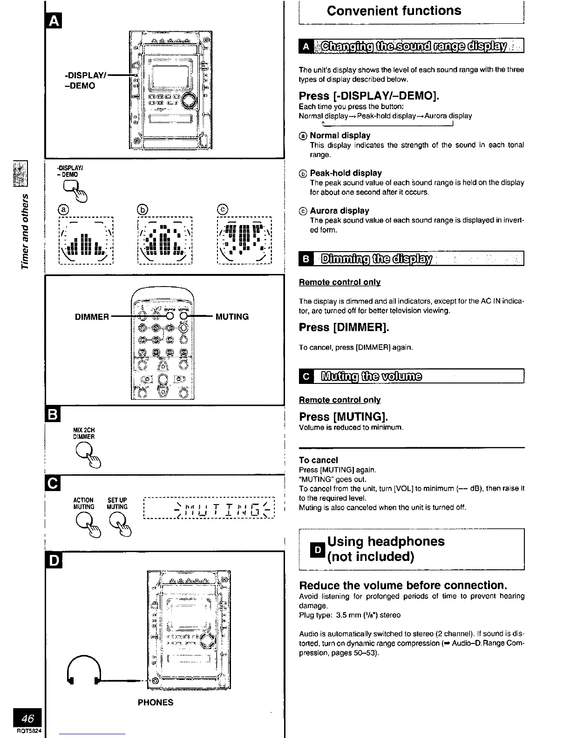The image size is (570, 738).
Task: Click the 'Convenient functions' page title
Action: click(394, 11)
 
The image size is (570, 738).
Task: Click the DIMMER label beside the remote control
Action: click(92, 317)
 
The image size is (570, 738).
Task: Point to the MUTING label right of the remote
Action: click(232, 317)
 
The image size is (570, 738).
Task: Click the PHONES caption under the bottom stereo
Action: click(156, 702)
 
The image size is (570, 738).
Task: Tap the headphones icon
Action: click(85, 668)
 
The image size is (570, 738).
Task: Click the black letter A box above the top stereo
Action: click(52, 22)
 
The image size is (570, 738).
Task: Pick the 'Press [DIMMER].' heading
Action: click(344, 327)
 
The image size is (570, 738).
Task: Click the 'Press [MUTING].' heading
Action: click(343, 416)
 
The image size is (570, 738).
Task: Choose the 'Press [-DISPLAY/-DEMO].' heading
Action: click(369, 96)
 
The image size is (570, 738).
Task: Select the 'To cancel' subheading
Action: click(319, 460)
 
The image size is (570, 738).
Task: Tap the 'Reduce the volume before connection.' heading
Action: click(402, 585)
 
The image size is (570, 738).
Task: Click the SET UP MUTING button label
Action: click(117, 504)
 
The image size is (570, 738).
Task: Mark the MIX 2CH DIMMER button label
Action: click(84, 433)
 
